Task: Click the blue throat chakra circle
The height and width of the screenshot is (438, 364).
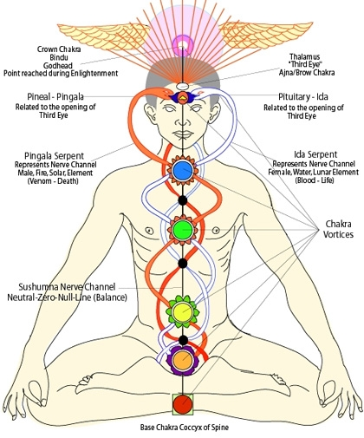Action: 183,170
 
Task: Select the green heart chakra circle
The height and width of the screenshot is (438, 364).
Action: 183,230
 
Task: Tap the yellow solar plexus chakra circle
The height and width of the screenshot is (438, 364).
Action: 182,311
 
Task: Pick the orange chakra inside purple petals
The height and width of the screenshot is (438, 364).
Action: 182,360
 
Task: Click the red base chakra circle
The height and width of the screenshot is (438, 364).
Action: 183,404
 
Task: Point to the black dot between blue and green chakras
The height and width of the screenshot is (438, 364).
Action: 182,200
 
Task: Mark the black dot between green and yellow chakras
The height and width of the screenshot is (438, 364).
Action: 182,264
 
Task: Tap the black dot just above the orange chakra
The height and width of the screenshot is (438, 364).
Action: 182,340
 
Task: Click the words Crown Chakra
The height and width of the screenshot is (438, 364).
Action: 59,49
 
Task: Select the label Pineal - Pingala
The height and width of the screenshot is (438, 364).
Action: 55,96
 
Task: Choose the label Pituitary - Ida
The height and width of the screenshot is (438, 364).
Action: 303,96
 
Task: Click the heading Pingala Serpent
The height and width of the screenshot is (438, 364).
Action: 54,156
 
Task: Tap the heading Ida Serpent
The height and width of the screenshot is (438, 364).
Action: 315,154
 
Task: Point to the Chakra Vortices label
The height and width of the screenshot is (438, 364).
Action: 338,229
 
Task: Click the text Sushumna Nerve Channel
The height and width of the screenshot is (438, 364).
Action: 67,287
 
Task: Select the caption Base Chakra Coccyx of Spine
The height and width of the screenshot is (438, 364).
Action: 185,428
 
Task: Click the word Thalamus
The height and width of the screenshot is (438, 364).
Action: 305,56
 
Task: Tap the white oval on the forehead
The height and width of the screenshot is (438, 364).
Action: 182,86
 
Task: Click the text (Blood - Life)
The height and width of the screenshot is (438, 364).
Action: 315,180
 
